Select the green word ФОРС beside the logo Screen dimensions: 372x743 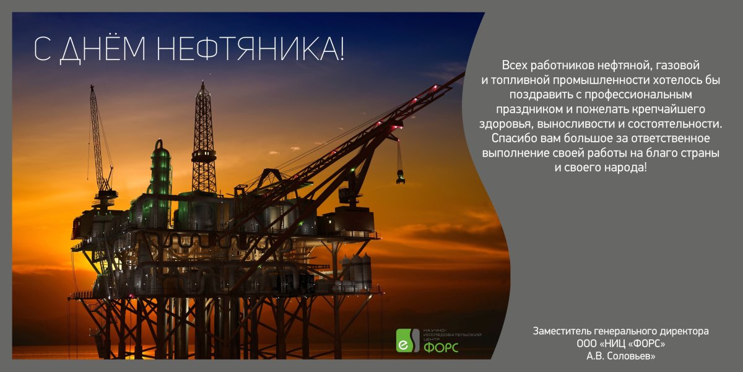pyautogui.click(x=441, y=347)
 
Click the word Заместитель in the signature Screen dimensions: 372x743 pyautogui.click(x=562, y=331)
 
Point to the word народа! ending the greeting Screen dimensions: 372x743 pyautogui.click(x=625, y=167)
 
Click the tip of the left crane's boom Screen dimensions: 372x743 pyautogui.click(x=92, y=87)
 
